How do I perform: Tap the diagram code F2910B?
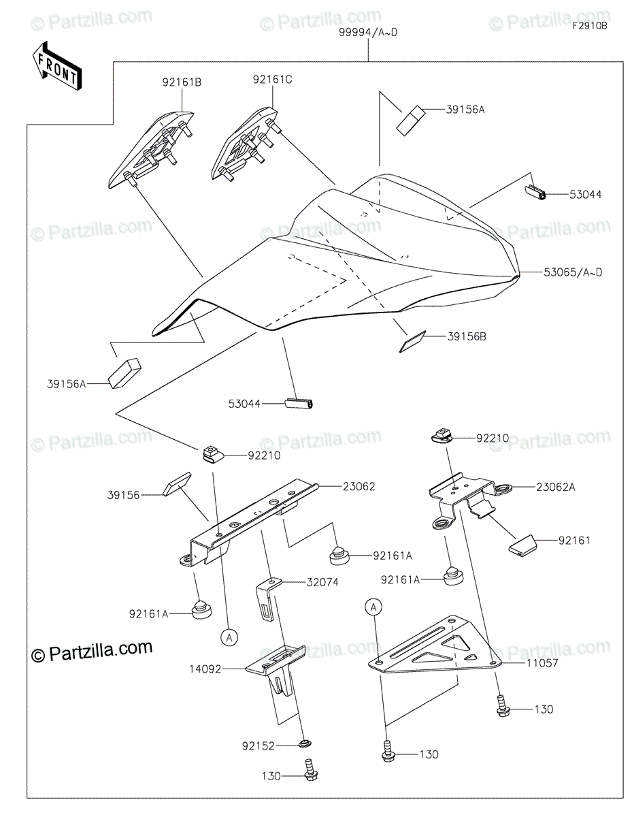tap(589, 27)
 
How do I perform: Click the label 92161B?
tap(181, 82)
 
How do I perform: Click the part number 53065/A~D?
tap(573, 272)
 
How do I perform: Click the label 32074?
tap(321, 582)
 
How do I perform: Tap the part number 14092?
tap(206, 669)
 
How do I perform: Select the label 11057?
tap(542, 662)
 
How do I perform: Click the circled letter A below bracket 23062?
tap(230, 637)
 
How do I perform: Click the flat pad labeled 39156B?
tap(411, 341)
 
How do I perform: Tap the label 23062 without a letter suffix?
tap(359, 486)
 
